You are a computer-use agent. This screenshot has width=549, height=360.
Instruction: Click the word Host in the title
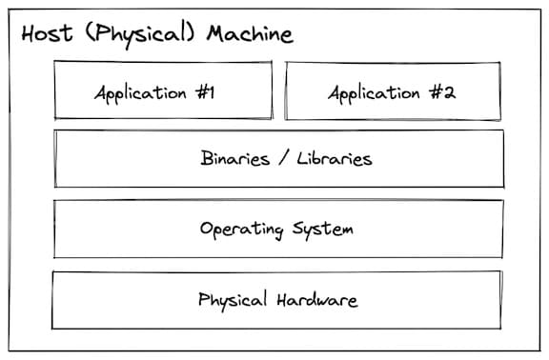click(44, 34)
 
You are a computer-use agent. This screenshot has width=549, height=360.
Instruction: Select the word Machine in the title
click(246, 34)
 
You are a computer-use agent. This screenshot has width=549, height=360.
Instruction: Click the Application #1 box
click(162, 90)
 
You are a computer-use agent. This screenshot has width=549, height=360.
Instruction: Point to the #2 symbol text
click(442, 93)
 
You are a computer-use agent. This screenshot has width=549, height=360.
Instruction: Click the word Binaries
click(235, 159)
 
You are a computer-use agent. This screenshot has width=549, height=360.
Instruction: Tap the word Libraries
click(333, 159)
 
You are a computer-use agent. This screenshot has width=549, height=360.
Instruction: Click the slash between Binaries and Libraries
click(283, 159)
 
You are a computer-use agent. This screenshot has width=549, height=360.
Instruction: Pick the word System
click(324, 230)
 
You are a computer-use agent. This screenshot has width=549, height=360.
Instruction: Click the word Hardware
click(316, 300)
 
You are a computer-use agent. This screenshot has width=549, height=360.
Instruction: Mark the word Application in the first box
click(139, 93)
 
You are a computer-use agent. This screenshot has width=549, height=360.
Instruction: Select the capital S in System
click(298, 230)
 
